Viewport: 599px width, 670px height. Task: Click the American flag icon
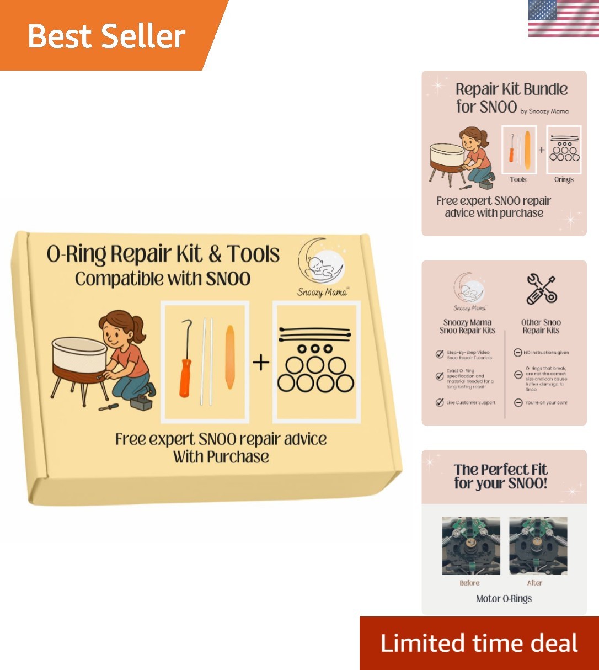point(563,19)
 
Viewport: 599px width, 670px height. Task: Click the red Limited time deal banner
point(479,644)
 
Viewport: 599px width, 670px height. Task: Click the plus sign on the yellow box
point(260,363)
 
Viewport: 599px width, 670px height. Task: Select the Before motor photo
point(470,546)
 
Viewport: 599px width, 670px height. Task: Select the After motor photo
point(538,546)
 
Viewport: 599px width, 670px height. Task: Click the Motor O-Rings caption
point(504,599)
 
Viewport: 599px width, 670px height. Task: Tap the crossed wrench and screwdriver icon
point(541,289)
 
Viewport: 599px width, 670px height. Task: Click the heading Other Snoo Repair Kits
point(541,326)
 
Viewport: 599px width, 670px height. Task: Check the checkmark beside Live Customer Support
point(440,402)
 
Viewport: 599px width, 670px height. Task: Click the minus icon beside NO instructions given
point(518,352)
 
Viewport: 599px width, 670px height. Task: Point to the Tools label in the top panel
point(517,179)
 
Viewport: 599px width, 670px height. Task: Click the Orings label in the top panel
point(563,179)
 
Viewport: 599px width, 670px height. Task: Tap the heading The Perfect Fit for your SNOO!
point(500,476)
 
